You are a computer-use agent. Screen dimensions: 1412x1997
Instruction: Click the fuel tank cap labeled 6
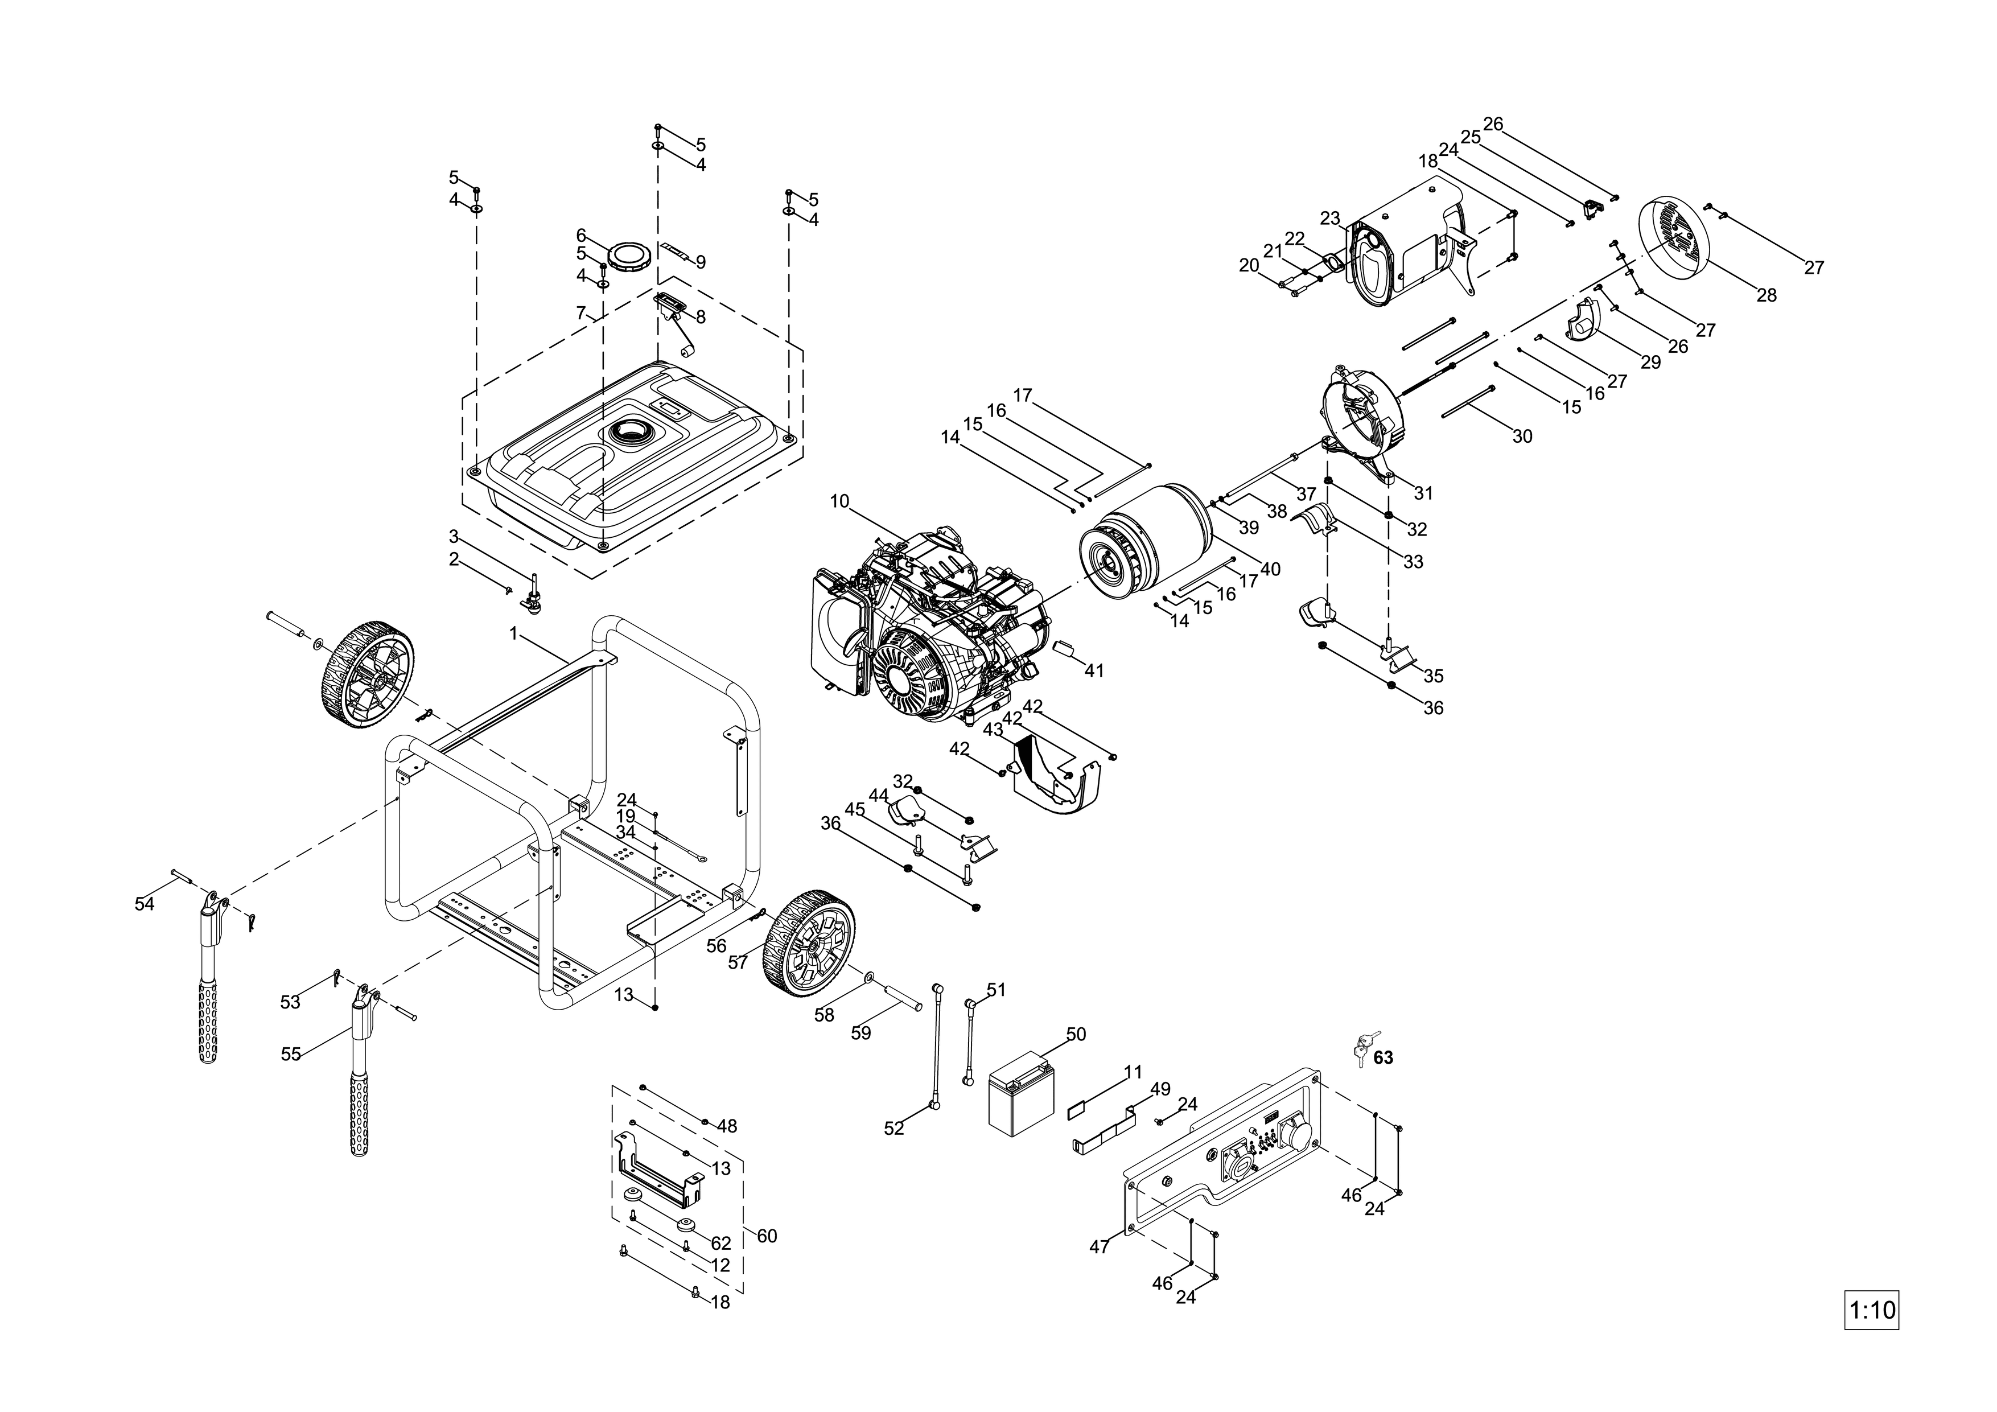click(629, 257)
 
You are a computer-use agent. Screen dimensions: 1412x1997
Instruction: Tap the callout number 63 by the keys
click(1383, 1057)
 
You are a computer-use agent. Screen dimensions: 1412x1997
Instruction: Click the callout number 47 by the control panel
click(1100, 1247)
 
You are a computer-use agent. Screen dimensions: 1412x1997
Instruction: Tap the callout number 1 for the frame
click(514, 634)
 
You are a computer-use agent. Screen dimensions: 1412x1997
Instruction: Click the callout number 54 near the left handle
click(145, 904)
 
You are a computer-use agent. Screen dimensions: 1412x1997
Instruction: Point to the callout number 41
click(1094, 671)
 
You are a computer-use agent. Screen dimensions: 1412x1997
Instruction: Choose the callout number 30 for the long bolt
click(1522, 437)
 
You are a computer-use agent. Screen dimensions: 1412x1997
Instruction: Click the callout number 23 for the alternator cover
click(1330, 219)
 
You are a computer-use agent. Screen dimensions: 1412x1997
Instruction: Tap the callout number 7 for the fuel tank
click(581, 313)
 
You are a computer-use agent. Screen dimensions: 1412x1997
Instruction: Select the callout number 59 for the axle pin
click(861, 1033)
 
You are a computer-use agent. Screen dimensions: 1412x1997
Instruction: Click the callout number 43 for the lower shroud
click(993, 730)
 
